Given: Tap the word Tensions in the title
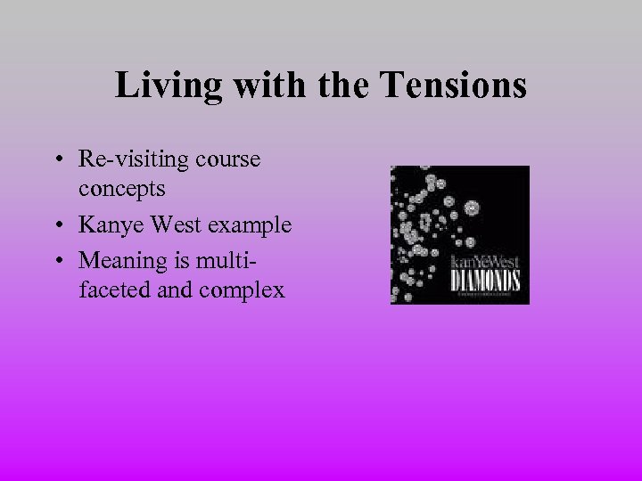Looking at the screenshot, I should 453,86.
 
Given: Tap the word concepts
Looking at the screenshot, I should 121,190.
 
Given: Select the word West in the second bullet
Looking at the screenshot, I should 177,225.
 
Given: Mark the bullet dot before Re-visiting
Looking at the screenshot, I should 56,160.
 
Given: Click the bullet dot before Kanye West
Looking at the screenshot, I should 56,226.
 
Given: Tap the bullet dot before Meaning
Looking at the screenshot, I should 56,261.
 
